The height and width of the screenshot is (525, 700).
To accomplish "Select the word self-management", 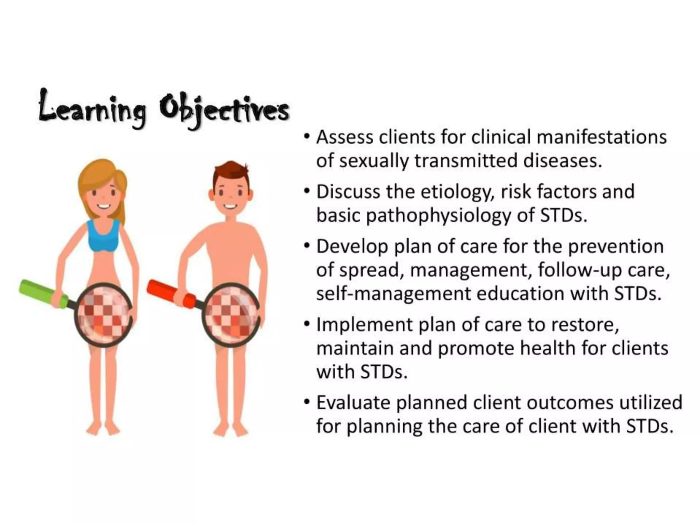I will pos(393,294).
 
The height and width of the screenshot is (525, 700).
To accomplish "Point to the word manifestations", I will pos(602,137).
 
